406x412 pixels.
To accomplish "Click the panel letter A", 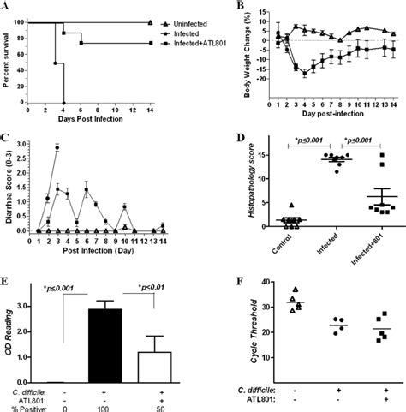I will pos(6,6).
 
